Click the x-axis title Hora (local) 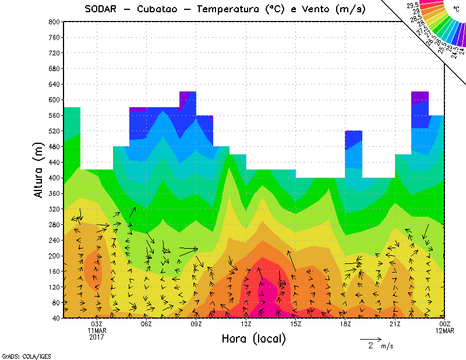(x=253, y=338)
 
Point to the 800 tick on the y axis (x=53, y=22)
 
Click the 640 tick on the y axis (x=53, y=84)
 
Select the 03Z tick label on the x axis (x=97, y=324)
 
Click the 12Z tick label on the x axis (x=246, y=324)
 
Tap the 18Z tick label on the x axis (x=346, y=324)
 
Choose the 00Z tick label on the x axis (x=446, y=324)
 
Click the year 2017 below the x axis (x=97, y=337)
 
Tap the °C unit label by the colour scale (x=456, y=9)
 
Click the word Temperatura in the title (x=230, y=9)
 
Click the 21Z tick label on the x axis (x=396, y=324)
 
